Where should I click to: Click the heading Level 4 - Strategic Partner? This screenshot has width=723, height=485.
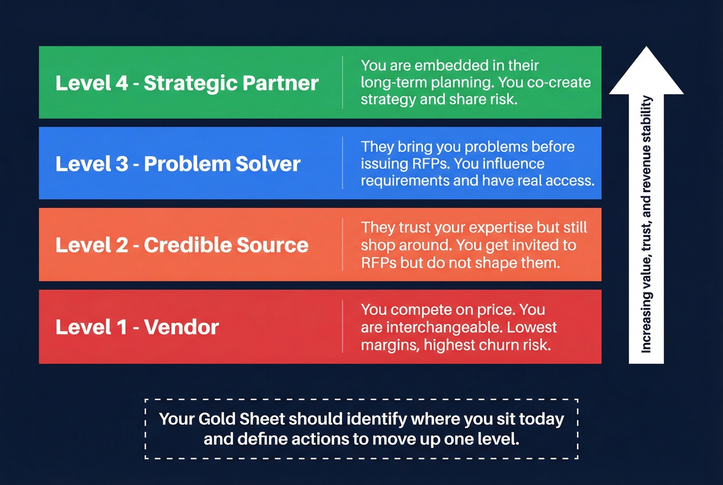click(x=187, y=83)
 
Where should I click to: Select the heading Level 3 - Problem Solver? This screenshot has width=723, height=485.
click(x=178, y=164)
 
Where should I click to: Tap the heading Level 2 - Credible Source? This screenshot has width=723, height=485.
click(x=182, y=245)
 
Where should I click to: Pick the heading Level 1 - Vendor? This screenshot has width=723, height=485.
click(x=137, y=327)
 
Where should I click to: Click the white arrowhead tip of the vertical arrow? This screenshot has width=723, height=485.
click(x=646, y=52)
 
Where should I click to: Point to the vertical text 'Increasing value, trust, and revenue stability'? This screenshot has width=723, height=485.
click(x=646, y=225)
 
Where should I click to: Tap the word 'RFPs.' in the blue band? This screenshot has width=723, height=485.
click(x=431, y=164)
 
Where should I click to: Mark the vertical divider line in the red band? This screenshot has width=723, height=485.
click(x=342, y=326)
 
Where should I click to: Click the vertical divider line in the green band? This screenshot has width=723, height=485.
click(x=342, y=83)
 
